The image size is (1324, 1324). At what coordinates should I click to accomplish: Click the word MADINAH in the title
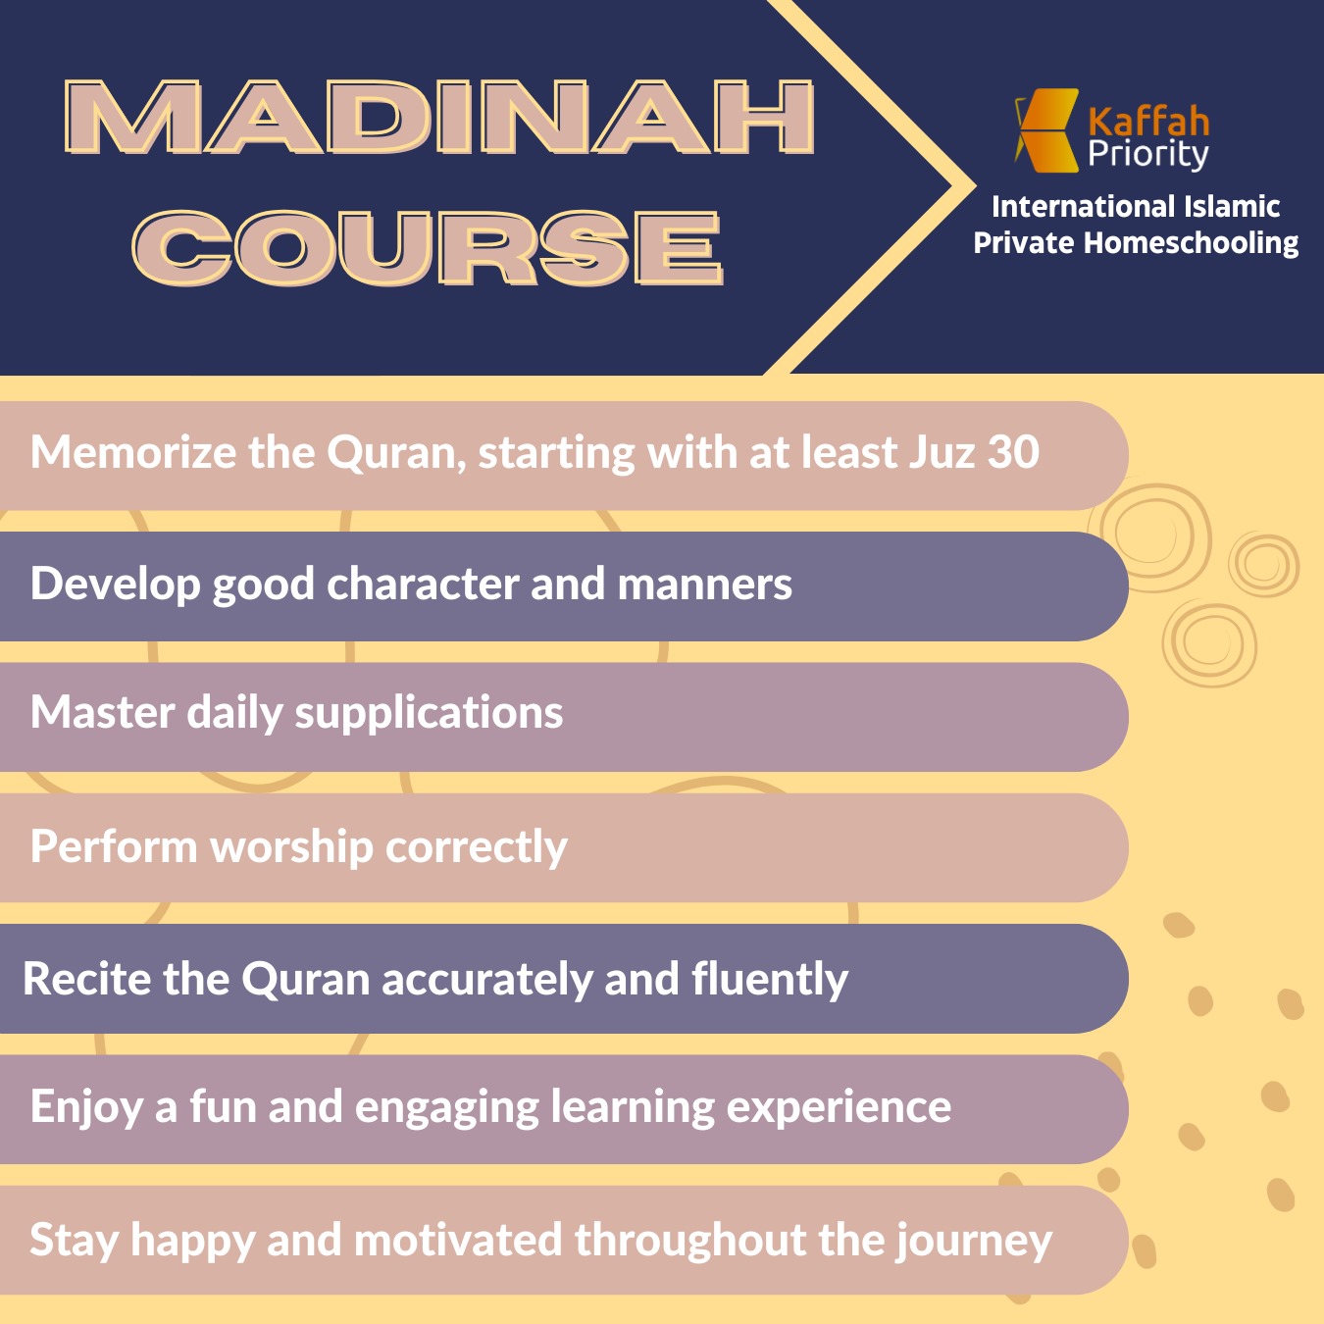coord(439,117)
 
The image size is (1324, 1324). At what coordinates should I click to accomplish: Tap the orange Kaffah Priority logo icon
coord(1046,130)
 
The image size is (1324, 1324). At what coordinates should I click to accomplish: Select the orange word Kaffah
coord(1148,122)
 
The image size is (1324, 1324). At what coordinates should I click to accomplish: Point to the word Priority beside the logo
coord(1148,155)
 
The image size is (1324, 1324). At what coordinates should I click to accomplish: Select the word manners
coord(705,585)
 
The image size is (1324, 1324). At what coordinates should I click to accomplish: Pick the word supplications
coord(429,713)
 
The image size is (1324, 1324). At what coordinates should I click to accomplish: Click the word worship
coord(291,845)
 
